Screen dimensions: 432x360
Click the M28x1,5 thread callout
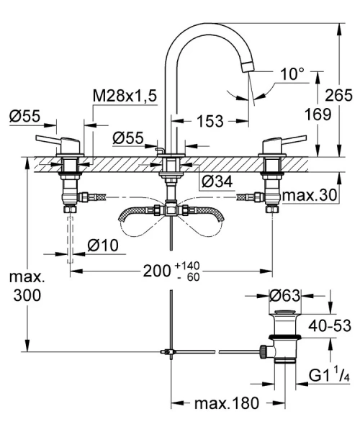click(x=125, y=95)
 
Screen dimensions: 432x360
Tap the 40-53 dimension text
click(x=330, y=325)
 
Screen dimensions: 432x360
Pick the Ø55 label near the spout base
click(x=130, y=135)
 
